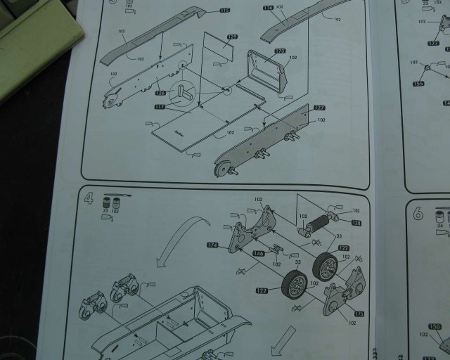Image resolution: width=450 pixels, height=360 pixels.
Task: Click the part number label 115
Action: (224, 11)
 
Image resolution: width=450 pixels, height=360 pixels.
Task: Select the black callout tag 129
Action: (232, 36)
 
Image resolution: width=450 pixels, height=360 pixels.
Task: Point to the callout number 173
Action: (281, 52)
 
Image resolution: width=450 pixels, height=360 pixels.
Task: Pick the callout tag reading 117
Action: (160, 107)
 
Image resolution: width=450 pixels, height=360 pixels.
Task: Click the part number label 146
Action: (258, 252)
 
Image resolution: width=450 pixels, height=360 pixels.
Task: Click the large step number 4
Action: (89, 197)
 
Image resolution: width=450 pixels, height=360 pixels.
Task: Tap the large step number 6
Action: (418, 213)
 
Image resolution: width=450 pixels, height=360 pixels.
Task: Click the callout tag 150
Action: (435, 327)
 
